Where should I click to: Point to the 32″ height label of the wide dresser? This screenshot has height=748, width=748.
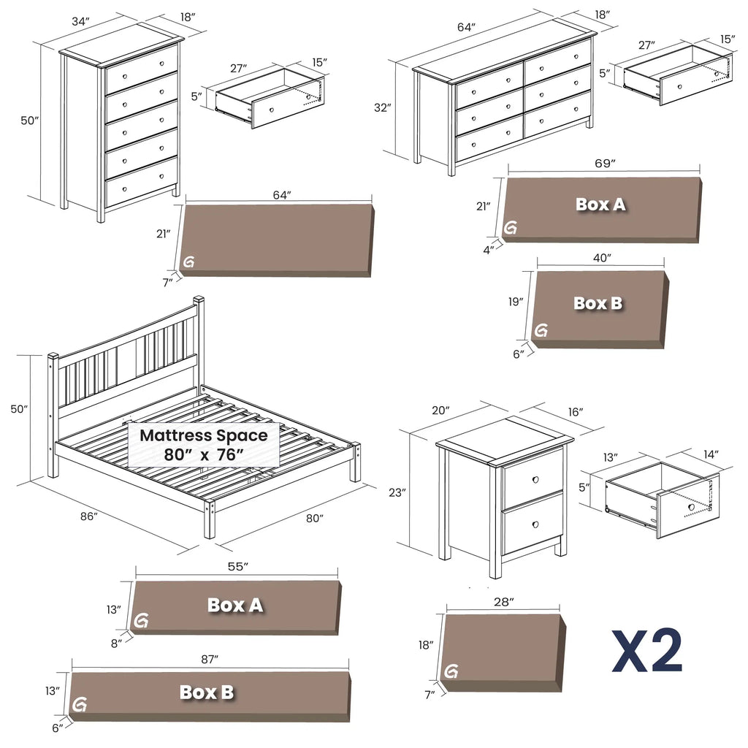[x=383, y=107]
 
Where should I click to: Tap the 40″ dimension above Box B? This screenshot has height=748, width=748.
[x=601, y=257]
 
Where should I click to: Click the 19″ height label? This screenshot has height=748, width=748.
[x=516, y=302]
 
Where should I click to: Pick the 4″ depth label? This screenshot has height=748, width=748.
[x=487, y=248]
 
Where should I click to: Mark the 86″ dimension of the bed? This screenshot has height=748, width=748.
[x=88, y=517]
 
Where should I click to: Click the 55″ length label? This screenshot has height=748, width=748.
[x=237, y=566]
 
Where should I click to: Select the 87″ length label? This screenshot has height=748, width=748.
[x=210, y=659]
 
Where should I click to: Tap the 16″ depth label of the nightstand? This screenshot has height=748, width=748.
[x=575, y=413]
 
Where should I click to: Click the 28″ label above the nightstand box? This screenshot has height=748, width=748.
[x=503, y=601]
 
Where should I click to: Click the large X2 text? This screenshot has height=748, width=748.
[x=647, y=650]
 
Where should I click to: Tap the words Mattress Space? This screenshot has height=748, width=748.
[x=204, y=435]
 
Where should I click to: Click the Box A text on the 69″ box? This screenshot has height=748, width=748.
[x=600, y=205]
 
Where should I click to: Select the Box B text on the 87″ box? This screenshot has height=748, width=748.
[x=207, y=692]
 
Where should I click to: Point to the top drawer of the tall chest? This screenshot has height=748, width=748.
[x=142, y=69]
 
